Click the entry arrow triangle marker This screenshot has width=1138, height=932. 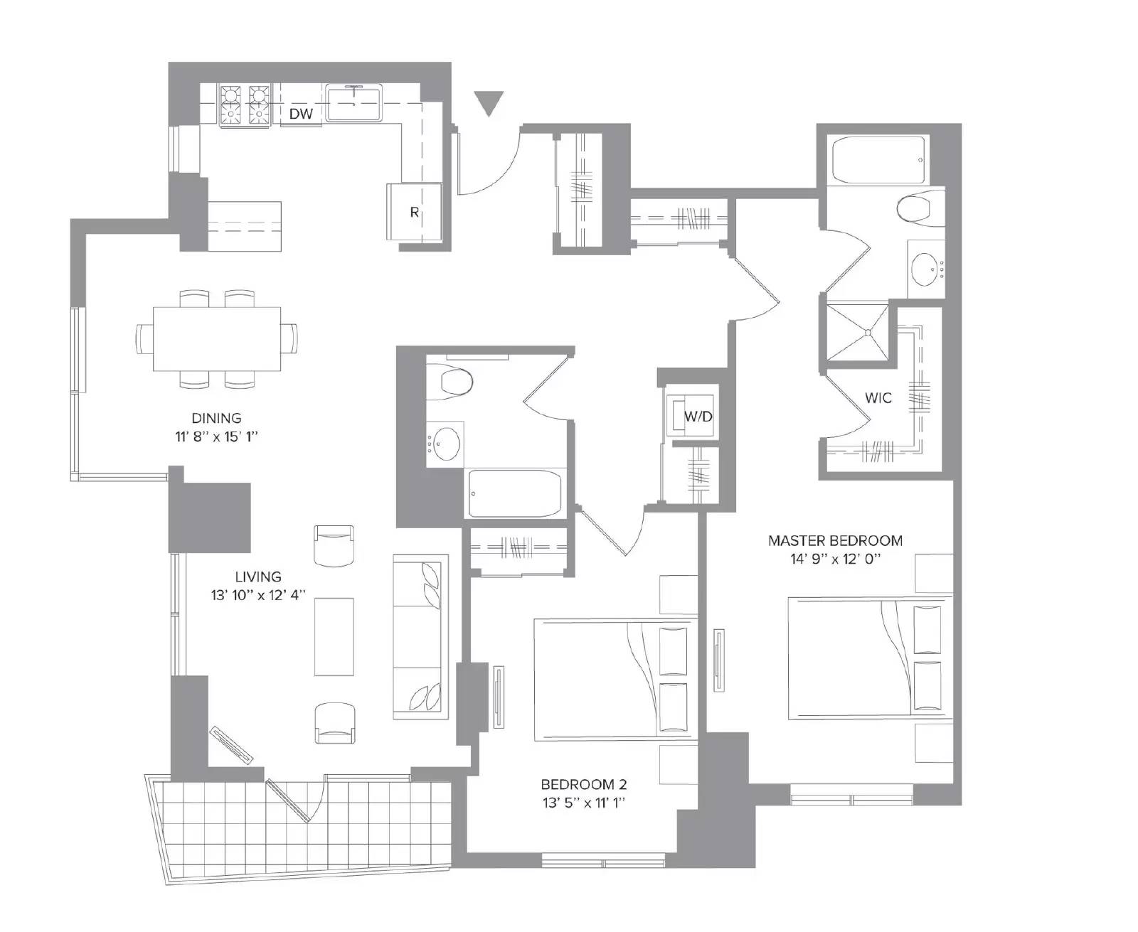(489, 102)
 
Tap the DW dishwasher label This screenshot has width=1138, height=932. (301, 114)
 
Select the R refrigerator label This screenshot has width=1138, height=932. (414, 213)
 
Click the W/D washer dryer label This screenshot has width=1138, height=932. (698, 417)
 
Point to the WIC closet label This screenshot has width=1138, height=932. (878, 398)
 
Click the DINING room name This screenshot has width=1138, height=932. (216, 418)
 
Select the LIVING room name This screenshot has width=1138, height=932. (258, 577)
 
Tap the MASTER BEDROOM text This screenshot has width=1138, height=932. (835, 540)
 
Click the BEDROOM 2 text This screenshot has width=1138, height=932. (584, 784)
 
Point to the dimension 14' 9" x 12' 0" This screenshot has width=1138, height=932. (835, 559)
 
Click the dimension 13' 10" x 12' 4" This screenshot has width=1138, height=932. (258, 596)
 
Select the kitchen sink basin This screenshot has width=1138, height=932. (353, 102)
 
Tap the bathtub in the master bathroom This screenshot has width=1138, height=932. (878, 160)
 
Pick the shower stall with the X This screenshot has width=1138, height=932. (857, 332)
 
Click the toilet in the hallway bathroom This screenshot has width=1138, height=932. (450, 381)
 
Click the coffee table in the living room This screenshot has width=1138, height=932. (334, 636)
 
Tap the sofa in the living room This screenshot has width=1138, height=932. (420, 636)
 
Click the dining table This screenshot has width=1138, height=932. (217, 338)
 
